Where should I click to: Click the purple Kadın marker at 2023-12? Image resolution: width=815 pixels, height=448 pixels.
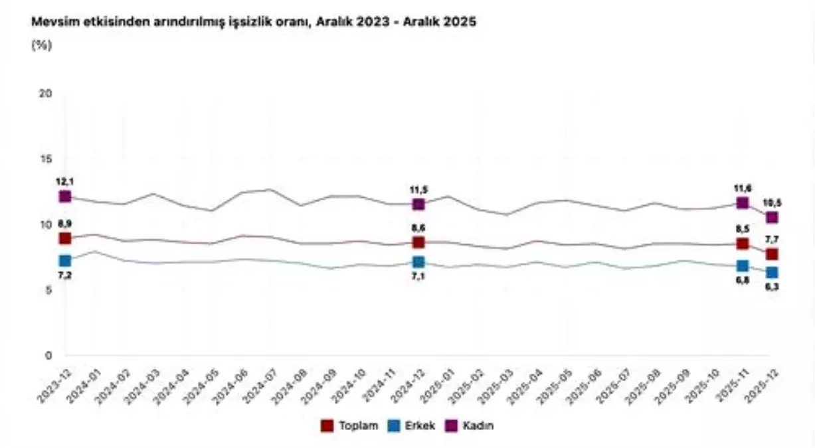tap(64, 196)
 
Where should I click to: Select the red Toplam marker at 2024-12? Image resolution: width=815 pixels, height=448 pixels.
tap(418, 242)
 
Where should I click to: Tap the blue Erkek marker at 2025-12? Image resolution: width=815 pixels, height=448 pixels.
tap(772, 272)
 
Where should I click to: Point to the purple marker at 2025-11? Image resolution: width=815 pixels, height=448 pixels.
tap(743, 203)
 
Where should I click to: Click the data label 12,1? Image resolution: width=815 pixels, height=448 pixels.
tap(64, 182)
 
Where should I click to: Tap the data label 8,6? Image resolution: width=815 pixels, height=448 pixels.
tap(418, 228)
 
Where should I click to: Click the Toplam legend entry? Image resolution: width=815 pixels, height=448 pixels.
tap(345, 425)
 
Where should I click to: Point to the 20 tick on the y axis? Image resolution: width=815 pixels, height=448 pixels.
tap(46, 94)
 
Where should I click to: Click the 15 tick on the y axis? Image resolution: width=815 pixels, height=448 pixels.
tap(46, 159)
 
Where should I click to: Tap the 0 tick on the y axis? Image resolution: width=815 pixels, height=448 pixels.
tap(48, 356)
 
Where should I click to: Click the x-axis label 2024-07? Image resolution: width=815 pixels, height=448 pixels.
tap(256, 388)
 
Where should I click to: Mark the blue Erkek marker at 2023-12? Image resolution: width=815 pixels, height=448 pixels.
tap(64, 261)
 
